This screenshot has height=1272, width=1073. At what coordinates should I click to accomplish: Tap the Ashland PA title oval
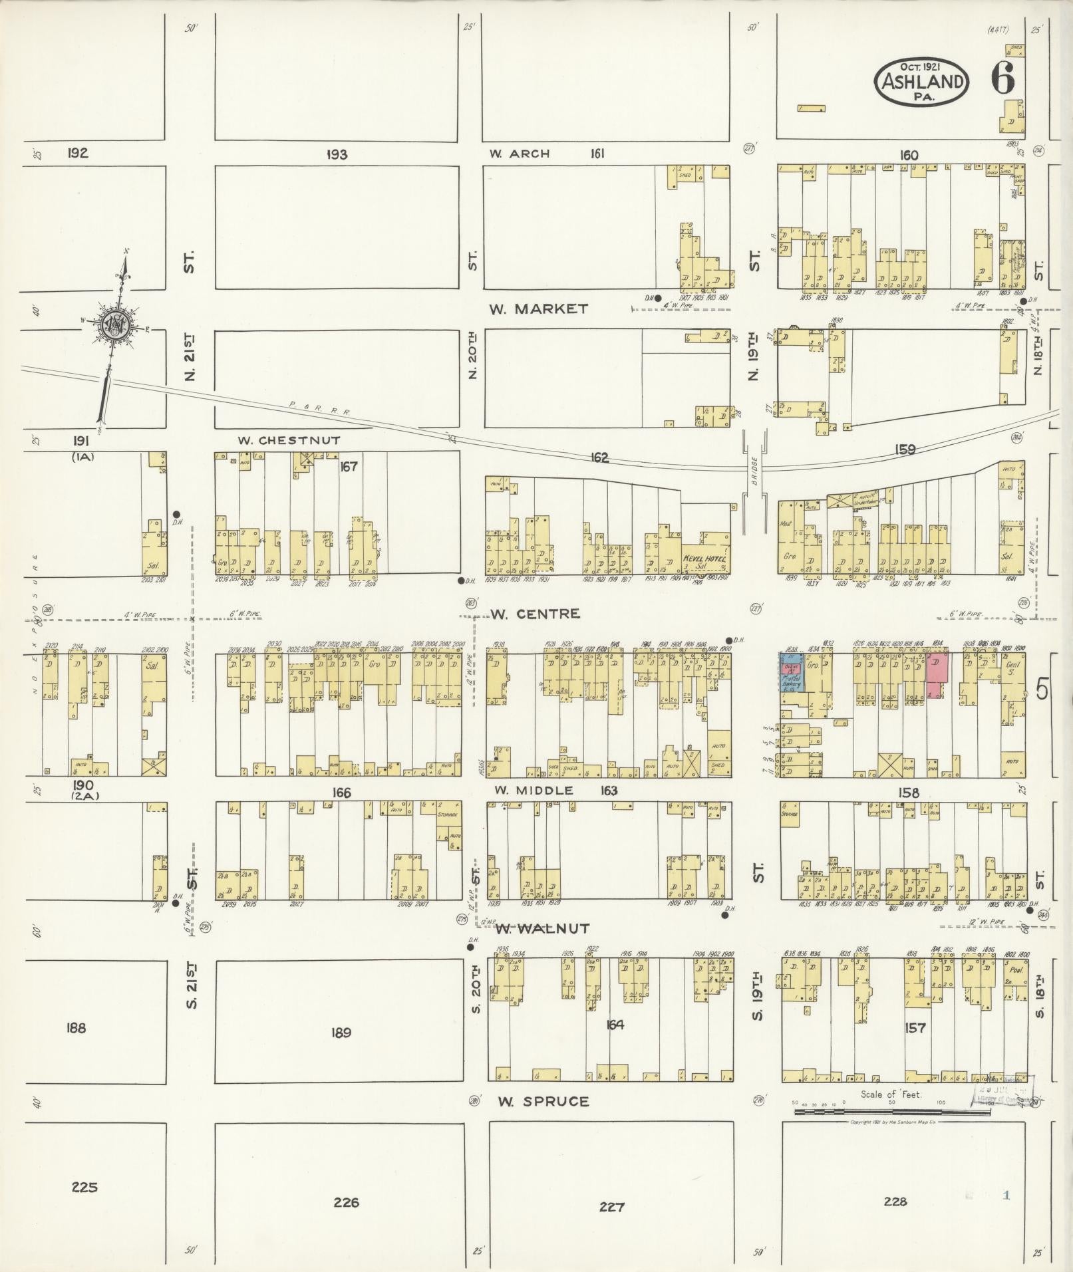pos(921,81)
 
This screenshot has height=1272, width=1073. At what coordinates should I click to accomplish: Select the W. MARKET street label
pos(539,309)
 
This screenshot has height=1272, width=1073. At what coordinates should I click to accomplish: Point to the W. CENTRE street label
pos(536,614)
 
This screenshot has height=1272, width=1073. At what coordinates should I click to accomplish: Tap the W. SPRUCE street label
pos(543,1102)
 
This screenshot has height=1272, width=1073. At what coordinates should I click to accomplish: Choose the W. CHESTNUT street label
pos(289,440)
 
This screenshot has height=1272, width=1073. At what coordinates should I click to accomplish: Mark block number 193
pos(337,154)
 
